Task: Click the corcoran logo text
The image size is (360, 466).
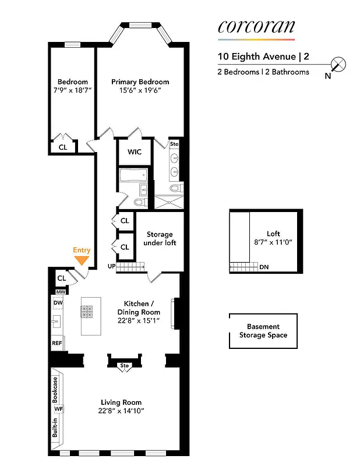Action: (256, 26)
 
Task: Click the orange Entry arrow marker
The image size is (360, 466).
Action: (82, 260)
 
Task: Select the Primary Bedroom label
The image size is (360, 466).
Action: (140, 82)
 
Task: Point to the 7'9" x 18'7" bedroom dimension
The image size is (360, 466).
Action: (73, 91)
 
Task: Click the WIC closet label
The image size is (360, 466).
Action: (135, 152)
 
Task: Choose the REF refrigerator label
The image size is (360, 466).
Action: (57, 343)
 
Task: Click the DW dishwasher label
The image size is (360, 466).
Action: (58, 303)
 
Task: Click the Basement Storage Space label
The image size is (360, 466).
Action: (263, 331)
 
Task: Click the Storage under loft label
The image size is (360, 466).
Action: (161, 238)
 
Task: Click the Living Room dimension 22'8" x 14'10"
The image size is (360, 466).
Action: (121, 411)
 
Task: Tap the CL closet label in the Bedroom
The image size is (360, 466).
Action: (63, 147)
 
